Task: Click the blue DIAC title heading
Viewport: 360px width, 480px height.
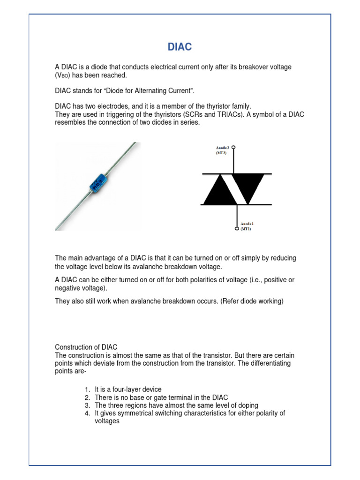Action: click(x=180, y=47)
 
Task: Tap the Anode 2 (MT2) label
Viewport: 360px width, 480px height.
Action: click(x=221, y=150)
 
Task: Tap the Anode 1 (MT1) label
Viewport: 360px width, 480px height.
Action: click(x=247, y=226)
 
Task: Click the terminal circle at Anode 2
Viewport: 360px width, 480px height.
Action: click(x=233, y=147)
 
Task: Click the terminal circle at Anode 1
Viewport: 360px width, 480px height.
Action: click(x=237, y=229)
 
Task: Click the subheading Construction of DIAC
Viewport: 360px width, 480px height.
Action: click(x=86, y=347)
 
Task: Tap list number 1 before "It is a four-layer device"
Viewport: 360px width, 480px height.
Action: click(x=87, y=390)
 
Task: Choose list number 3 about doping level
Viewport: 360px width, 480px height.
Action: click(x=87, y=405)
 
